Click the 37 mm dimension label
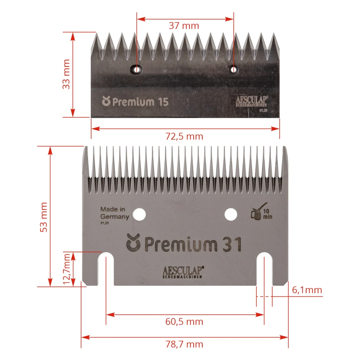click(184, 25)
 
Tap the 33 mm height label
click(66, 74)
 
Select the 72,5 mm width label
click(184, 136)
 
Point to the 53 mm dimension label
click(44, 217)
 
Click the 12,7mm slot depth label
click(66, 269)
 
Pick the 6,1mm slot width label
click(307, 290)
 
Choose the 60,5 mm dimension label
click(184, 322)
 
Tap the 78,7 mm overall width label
click(184, 344)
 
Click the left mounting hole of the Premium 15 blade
click(136, 70)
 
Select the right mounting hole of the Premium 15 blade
click(233, 70)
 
